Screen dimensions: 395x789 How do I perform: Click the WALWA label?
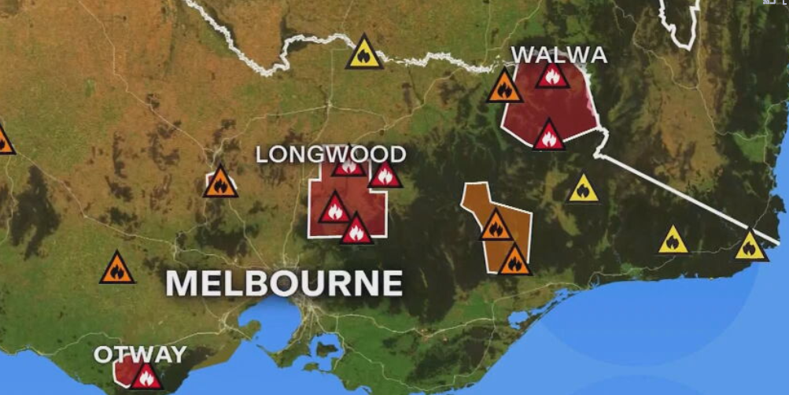coord(559,55)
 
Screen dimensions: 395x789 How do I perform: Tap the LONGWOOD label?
coord(331,154)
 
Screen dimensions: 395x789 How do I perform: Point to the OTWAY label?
coord(140,354)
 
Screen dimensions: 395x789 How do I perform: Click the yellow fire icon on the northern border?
coord(364,54)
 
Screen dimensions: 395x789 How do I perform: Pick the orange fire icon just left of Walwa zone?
coord(504,88)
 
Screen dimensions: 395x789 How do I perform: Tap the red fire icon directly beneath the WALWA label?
coord(552,76)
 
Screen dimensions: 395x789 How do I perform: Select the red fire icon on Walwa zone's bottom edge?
coord(549,137)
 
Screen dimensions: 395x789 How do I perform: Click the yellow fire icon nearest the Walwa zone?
coord(583,190)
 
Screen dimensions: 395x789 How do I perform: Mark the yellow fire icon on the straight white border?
coord(750,247)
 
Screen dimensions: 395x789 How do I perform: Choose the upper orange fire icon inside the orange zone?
coord(496,227)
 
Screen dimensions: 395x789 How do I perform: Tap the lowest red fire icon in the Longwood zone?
coord(356,231)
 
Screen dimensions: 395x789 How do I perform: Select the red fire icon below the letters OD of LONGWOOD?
coord(385,175)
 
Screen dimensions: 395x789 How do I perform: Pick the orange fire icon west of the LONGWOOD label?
coord(220,183)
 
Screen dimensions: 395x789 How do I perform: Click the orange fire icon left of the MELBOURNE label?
coord(117,270)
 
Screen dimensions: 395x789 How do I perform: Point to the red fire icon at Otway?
coord(146,377)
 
